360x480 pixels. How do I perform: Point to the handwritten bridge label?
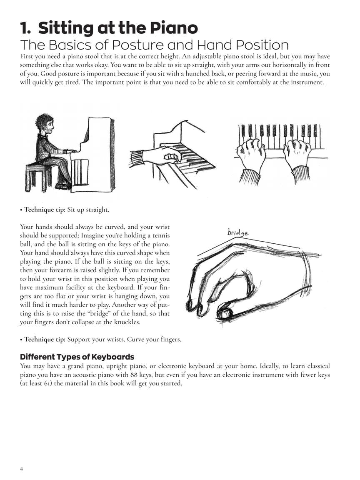tap(238, 232)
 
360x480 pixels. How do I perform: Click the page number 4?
tap(22, 469)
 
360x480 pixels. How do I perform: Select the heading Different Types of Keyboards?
tap(77, 357)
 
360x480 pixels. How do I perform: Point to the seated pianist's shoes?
tap(63, 185)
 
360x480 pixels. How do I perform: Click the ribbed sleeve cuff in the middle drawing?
tap(137, 158)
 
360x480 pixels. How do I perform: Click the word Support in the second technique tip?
tap(79, 339)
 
